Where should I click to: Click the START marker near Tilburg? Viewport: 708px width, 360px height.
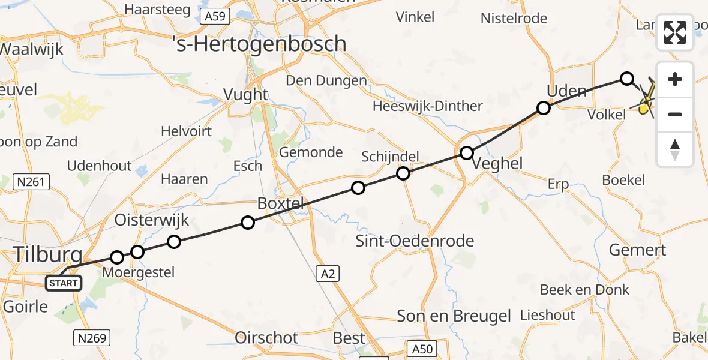pyautogui.click(x=63, y=283)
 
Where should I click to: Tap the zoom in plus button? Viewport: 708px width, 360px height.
pyautogui.click(x=675, y=79)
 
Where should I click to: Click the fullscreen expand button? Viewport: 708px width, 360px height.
pyautogui.click(x=675, y=32)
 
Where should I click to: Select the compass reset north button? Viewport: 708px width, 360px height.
pyautogui.click(x=675, y=149)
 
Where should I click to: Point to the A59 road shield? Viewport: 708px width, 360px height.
pyautogui.click(x=214, y=16)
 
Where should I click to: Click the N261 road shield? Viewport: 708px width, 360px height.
pyautogui.click(x=29, y=182)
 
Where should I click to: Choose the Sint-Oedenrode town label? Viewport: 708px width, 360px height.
pyautogui.click(x=415, y=241)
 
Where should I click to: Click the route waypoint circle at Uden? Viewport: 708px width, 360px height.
pyautogui.click(x=543, y=108)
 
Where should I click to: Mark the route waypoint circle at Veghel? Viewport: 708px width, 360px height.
pyautogui.click(x=467, y=153)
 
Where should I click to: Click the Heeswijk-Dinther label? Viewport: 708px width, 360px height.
pyautogui.click(x=427, y=106)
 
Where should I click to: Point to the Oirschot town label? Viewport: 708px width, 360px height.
pyautogui.click(x=267, y=338)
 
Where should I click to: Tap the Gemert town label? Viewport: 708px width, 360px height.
pyautogui.click(x=637, y=250)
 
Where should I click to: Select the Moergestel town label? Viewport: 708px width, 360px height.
pyautogui.click(x=138, y=273)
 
